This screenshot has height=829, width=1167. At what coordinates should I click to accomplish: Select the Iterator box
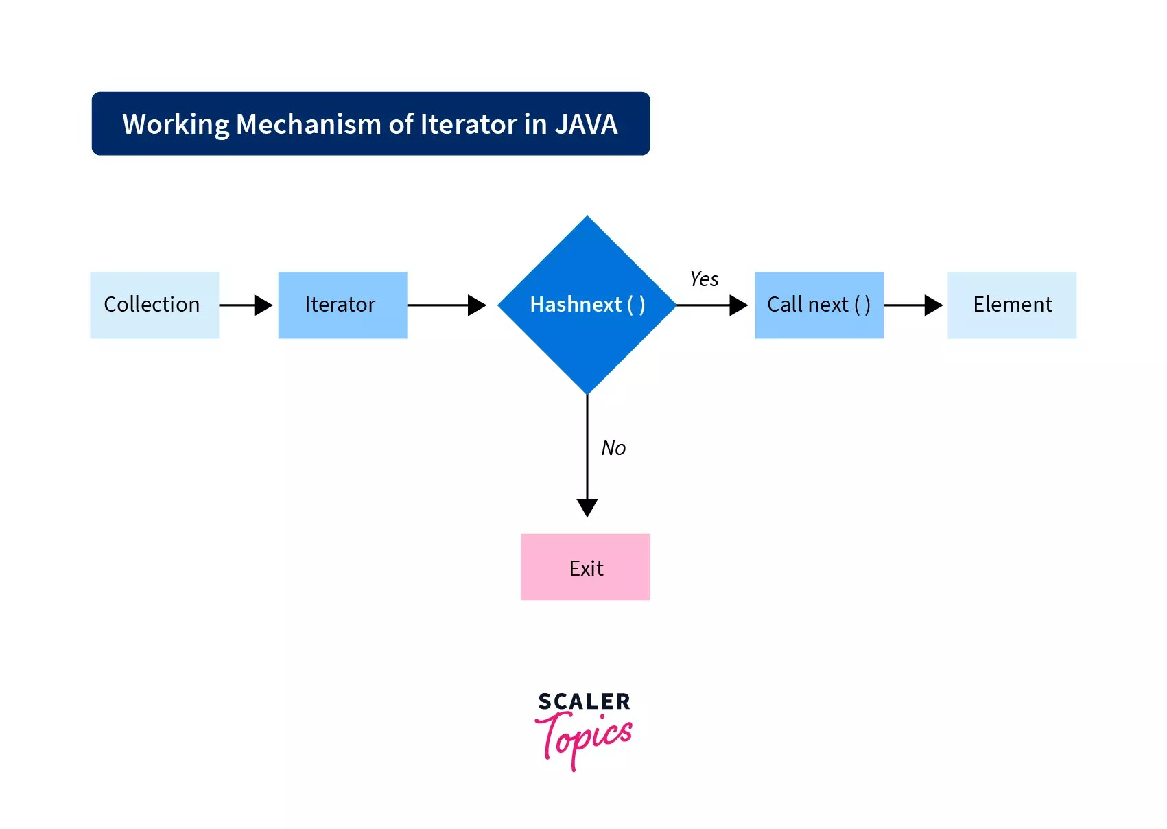click(x=342, y=305)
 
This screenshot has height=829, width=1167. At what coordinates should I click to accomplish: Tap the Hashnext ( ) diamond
click(x=587, y=305)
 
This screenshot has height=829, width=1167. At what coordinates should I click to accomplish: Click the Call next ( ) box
click(x=818, y=305)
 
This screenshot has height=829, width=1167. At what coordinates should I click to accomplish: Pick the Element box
click(x=1011, y=305)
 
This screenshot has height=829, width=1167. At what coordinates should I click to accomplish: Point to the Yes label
click(x=704, y=279)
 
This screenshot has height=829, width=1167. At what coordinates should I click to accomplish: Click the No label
click(x=613, y=448)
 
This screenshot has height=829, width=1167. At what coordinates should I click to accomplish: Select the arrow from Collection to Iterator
click(x=246, y=305)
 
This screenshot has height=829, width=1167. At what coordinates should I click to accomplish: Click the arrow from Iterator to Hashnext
click(x=446, y=305)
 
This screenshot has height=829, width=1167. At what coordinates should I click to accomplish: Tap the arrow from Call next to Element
click(x=912, y=305)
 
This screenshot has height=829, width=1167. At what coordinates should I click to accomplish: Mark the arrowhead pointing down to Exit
click(x=587, y=507)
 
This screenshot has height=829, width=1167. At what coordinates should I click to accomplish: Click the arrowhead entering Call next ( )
click(x=738, y=305)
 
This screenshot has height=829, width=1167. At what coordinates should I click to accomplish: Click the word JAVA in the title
click(x=586, y=124)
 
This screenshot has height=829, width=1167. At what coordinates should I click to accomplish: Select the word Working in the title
click(x=176, y=124)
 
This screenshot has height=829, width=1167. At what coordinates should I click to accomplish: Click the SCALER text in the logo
click(x=584, y=701)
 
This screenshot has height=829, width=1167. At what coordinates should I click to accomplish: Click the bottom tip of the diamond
click(x=587, y=393)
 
